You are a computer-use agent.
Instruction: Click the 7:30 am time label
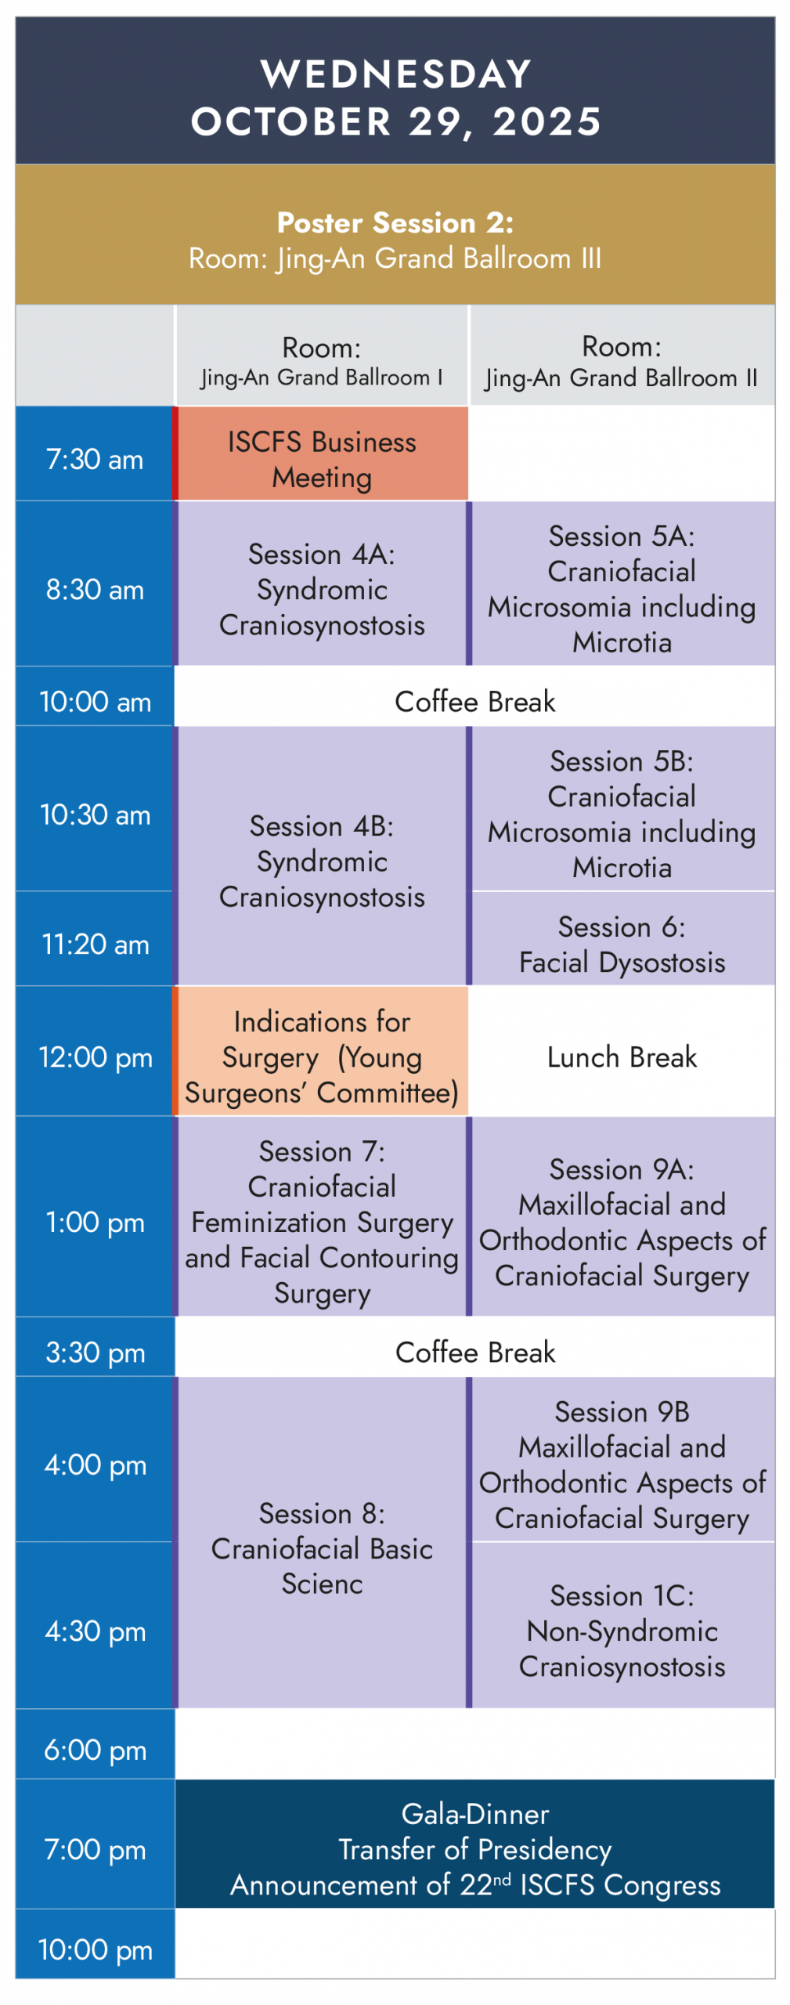coord(94,459)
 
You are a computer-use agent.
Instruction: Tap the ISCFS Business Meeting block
coord(321,453)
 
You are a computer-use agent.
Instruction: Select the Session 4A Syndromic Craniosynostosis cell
coord(321,584)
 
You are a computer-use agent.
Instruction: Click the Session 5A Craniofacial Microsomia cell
coord(622,584)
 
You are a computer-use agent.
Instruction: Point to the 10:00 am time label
coord(95,702)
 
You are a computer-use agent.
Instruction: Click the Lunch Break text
coord(622,1057)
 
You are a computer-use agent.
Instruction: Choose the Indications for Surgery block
coord(321,1051)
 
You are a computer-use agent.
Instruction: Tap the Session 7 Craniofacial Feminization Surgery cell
coord(321,1216)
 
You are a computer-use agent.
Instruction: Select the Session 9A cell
coord(622,1216)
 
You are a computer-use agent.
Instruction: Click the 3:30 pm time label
coord(95,1353)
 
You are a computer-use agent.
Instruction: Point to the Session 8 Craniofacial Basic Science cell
coord(321,1542)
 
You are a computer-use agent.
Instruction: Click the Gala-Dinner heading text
coord(474,1814)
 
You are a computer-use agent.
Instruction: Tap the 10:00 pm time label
coord(95,1949)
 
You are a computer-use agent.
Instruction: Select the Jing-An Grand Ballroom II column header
coord(622,363)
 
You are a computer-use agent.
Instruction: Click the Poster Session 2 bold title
coord(395,222)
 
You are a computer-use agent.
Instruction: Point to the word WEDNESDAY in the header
coord(395,74)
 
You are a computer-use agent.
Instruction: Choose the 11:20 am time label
coord(95,945)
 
